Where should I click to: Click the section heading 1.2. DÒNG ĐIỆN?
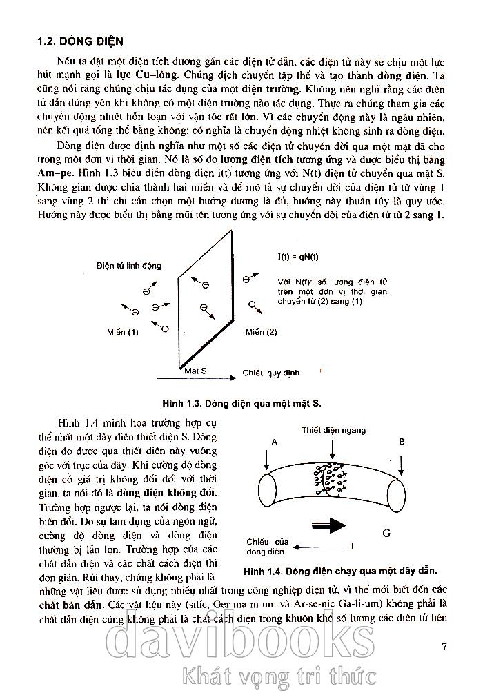point(80,42)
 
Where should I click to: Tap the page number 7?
point(445,647)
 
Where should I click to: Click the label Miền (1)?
point(123,332)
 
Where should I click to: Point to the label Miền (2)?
point(262,332)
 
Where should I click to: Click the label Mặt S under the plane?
point(196,371)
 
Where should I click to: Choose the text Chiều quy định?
point(271,373)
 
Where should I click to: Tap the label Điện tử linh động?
point(126,266)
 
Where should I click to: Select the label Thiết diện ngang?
point(333,430)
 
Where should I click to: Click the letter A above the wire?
point(275,441)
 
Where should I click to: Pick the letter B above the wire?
point(402,441)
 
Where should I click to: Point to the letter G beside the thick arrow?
point(386,533)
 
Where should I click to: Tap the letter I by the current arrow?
point(353,546)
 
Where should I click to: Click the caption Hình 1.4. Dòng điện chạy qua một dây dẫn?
point(341,572)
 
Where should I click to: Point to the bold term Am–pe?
point(55,175)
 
